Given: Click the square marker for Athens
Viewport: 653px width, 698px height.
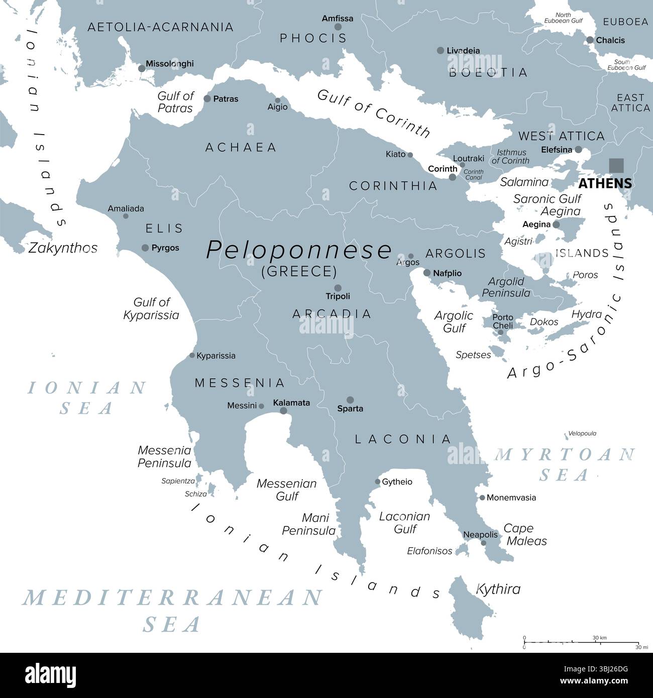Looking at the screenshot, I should tap(616, 165).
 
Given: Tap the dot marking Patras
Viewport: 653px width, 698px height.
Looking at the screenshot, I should tap(207, 98).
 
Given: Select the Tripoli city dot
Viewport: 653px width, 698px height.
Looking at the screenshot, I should tap(338, 288).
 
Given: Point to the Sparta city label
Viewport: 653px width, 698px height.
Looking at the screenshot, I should tap(350, 409).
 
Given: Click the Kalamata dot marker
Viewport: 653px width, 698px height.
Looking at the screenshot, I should tap(283, 410).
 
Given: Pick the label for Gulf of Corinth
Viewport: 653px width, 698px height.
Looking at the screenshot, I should tap(374, 113).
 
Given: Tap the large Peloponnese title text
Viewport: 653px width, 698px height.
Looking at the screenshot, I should tap(299, 250).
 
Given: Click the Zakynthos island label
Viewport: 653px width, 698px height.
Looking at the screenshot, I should tap(63, 248).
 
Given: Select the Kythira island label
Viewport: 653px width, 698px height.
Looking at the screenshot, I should tap(498, 589).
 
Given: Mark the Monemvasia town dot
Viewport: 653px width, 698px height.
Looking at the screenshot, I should tap(482, 498).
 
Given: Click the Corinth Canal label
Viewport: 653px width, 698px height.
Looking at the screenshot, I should tap(473, 175).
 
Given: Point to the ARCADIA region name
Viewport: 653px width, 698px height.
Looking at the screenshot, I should tap(332, 314).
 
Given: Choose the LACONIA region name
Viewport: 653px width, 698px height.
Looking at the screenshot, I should tap(403, 439).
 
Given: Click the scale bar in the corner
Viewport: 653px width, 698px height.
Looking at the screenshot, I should tap(581, 642).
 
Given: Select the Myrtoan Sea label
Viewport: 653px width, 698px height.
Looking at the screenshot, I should tap(565, 464).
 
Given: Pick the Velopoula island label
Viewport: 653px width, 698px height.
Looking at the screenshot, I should tap(582, 433).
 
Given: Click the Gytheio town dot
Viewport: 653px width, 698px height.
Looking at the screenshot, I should tap(377, 482).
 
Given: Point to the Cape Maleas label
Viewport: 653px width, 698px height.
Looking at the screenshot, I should tap(525, 535).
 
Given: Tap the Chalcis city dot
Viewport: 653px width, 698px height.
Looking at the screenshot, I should tap(590, 40).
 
